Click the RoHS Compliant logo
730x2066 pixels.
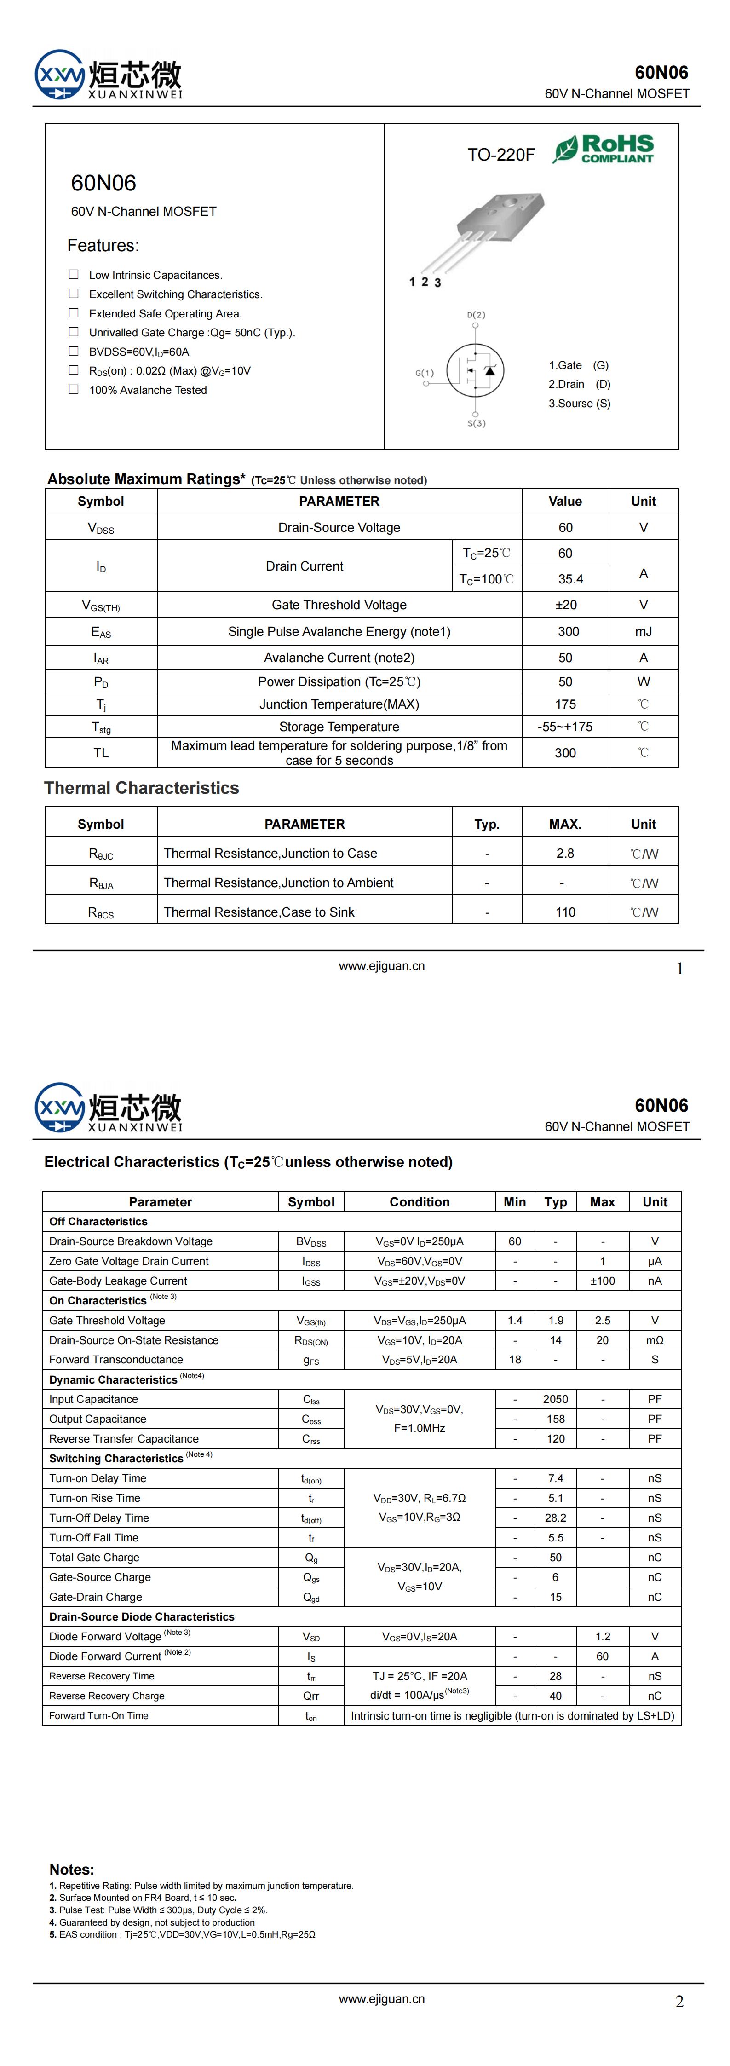point(603,149)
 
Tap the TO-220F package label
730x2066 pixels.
point(500,155)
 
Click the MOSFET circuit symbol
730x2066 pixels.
point(475,370)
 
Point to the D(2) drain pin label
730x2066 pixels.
point(476,315)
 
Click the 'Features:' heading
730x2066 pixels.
point(103,245)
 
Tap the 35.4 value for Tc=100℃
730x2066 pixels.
point(570,579)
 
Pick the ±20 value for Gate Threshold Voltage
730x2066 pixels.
point(565,605)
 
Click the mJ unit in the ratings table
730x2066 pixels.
point(644,631)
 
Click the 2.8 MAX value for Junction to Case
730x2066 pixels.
point(565,854)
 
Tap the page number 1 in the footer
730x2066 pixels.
point(679,969)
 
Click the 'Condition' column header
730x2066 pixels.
point(420,1201)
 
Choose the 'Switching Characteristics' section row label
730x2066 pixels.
point(116,1458)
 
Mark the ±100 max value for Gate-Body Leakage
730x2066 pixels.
point(603,1281)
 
